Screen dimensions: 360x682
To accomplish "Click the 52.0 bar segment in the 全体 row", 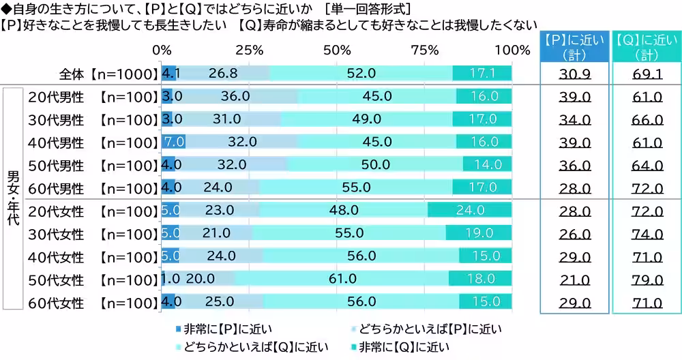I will pyautogui.click(x=361, y=73).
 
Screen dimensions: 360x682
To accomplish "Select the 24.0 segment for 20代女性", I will pyautogui.click(x=469, y=211).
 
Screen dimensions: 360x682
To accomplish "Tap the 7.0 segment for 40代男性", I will pyautogui.click(x=173, y=142).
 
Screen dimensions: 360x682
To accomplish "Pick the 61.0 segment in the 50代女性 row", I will pyautogui.click(x=342, y=279).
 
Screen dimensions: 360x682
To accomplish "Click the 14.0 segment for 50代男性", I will pyautogui.click(x=487, y=165).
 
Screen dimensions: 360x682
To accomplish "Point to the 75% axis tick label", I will pyautogui.click(x=424, y=50).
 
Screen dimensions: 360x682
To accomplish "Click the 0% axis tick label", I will pyautogui.click(x=162, y=50).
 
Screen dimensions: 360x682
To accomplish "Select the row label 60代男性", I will pyautogui.click(x=56, y=187).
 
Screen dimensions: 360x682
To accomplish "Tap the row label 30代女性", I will pyautogui.click(x=56, y=234).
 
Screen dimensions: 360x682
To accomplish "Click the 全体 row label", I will pyautogui.click(x=72, y=74).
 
